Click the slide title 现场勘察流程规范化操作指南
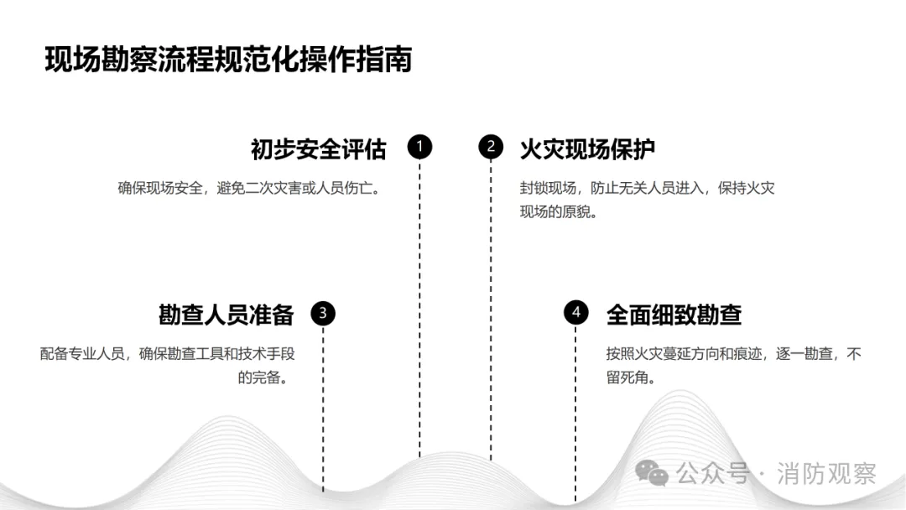(227, 60)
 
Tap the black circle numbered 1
(419, 148)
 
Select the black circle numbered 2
(491, 148)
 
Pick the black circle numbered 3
(323, 314)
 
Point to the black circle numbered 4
(575, 314)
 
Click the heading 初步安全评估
(318, 149)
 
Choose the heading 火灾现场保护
(587, 149)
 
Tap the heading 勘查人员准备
(226, 315)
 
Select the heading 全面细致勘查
(674, 315)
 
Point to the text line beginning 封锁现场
(647, 189)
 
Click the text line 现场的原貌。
(558, 211)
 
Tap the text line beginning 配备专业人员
(167, 354)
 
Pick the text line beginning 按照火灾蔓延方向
(733, 354)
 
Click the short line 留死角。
(630, 377)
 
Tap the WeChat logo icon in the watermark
(652, 474)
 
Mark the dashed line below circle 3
(323, 411)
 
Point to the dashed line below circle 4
(575, 411)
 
